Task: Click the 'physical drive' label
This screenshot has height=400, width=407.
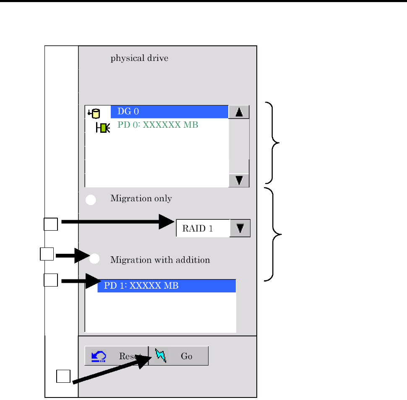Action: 139,58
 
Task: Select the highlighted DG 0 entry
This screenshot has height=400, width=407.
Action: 170,112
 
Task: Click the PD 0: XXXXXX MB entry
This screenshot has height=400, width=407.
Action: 158,125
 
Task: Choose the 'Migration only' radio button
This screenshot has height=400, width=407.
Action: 91,200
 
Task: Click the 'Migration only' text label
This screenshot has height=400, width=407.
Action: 141,199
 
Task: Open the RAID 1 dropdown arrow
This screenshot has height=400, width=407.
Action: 240,229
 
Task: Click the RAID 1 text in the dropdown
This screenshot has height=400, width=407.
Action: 198,229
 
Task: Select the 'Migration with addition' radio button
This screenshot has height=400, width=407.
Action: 94,259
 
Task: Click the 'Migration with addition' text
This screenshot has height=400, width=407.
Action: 160,260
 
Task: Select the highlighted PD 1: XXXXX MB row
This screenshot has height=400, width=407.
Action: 167,286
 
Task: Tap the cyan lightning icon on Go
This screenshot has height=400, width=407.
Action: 161,355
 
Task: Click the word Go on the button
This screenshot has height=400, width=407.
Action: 186,356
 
